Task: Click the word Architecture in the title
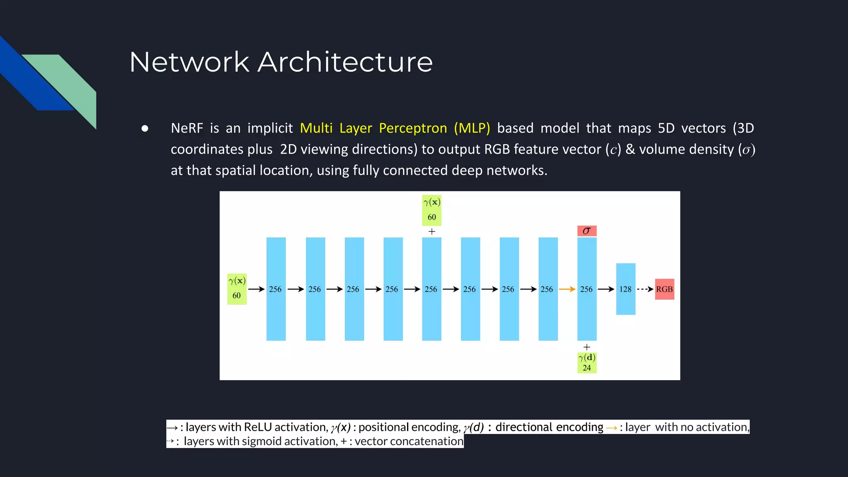(x=345, y=62)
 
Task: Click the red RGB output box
(x=664, y=289)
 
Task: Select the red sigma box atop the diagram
(x=587, y=231)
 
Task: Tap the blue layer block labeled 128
(x=625, y=289)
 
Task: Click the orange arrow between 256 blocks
(x=567, y=289)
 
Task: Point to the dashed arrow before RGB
(x=645, y=289)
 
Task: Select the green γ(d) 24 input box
(x=587, y=362)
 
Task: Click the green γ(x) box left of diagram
(x=237, y=289)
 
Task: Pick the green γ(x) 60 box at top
(x=431, y=210)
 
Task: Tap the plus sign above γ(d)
(x=587, y=347)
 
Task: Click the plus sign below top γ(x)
(x=431, y=231)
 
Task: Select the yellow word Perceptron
(x=413, y=128)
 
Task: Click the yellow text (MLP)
(x=472, y=128)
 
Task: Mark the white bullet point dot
(x=145, y=128)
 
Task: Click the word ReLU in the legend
(x=258, y=427)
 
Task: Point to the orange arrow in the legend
(x=611, y=428)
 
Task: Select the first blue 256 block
(x=276, y=289)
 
